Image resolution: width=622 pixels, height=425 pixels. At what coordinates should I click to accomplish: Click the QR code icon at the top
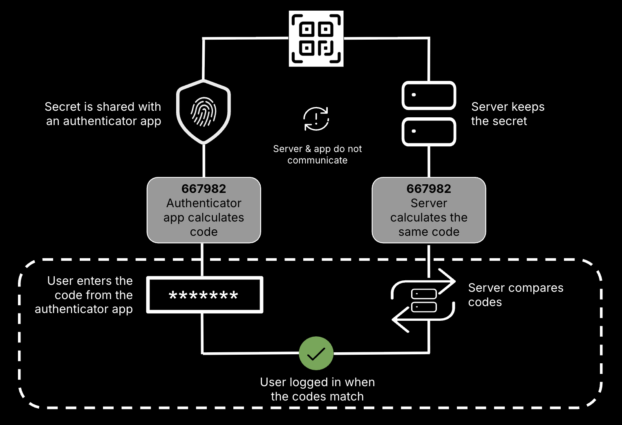point(316,38)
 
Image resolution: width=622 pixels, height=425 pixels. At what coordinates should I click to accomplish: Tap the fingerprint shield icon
point(204,112)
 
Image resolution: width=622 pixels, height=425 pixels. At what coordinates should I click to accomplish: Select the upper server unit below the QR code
point(429,96)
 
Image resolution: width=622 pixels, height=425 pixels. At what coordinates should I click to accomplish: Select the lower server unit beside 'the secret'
point(429,132)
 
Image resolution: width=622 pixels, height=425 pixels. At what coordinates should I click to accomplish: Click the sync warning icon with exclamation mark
point(316,119)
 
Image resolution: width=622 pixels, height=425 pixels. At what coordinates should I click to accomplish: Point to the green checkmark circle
point(316,353)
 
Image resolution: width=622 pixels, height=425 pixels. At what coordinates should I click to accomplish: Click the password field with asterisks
point(204,295)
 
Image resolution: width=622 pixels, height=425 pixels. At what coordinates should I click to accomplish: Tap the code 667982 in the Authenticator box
point(204,189)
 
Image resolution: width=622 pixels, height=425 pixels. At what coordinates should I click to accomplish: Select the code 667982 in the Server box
point(429,189)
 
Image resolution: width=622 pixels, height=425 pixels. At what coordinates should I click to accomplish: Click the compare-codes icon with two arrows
point(423,300)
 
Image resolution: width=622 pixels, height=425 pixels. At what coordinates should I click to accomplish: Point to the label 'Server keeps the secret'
point(508,114)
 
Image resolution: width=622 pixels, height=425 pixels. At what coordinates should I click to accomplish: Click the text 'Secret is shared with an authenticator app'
point(103,114)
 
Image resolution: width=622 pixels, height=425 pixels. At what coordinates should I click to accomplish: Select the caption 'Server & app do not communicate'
point(317,154)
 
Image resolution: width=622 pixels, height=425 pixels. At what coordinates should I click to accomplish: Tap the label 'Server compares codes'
point(515,295)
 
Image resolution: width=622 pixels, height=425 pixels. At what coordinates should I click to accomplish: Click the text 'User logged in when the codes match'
point(317,389)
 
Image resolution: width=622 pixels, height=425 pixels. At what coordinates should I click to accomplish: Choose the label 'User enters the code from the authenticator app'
point(84,295)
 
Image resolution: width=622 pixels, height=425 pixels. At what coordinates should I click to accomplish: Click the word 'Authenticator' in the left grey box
point(204,203)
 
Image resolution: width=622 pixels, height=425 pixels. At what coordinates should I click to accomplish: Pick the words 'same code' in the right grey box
point(429,232)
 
